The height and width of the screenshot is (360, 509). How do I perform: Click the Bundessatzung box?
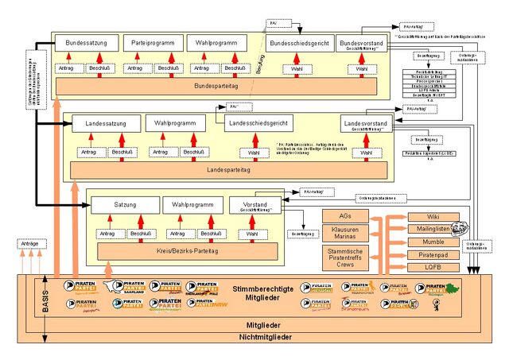86,42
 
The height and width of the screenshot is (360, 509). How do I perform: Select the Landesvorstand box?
366,125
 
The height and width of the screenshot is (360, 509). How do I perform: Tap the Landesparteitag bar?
228,169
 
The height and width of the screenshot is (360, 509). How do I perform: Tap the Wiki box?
434,216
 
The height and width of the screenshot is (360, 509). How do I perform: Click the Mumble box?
434,242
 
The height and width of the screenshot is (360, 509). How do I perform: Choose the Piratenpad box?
434,255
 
